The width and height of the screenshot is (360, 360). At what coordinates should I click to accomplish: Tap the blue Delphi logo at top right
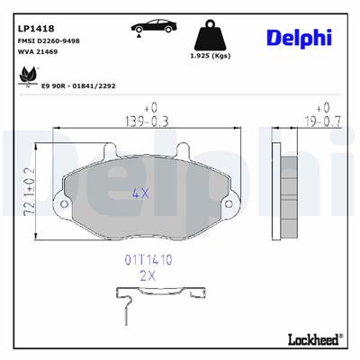click(298, 35)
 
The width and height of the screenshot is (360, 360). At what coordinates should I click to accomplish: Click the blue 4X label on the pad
click(142, 192)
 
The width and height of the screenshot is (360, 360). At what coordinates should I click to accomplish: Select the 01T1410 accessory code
click(148, 259)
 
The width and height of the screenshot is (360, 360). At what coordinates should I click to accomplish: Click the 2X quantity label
click(148, 276)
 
